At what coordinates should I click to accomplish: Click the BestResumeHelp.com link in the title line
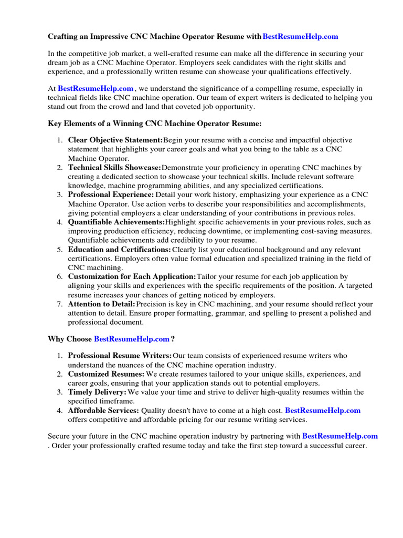pyautogui.click(x=300, y=36)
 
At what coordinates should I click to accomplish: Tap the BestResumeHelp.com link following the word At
pyautogui.click(x=96, y=89)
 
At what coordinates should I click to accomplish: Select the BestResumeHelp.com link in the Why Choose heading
pyautogui.click(x=132, y=339)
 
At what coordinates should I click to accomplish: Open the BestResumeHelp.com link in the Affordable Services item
pyautogui.click(x=323, y=410)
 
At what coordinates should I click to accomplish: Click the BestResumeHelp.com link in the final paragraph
pyautogui.click(x=340, y=436)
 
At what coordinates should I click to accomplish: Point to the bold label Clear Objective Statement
pyautogui.click(x=115, y=140)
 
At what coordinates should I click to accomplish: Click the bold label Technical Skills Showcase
pyautogui.click(x=115, y=168)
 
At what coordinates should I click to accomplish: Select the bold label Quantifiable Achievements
pyautogui.click(x=116, y=222)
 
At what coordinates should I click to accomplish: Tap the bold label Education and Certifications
pyautogui.click(x=120, y=249)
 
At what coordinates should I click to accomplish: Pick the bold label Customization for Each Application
pyautogui.click(x=132, y=276)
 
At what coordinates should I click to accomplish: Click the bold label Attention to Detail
pyautogui.click(x=102, y=304)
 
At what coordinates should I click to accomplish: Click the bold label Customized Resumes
pyautogui.click(x=107, y=374)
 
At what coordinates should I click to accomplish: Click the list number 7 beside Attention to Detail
pyautogui.click(x=59, y=304)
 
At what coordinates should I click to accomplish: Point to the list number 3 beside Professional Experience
pyautogui.click(x=59, y=195)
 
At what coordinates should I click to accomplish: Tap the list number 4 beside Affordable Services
pyautogui.click(x=59, y=410)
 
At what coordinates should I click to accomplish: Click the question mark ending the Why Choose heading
pyautogui.click(x=173, y=339)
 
